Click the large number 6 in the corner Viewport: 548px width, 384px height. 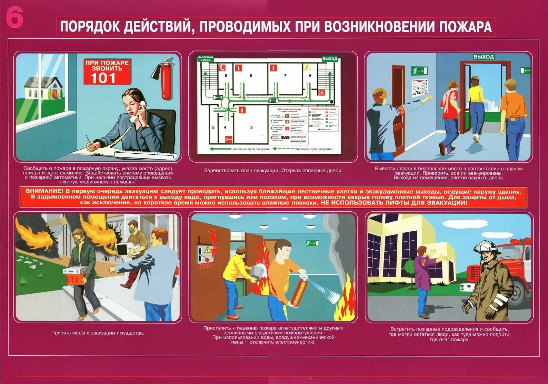pyautogui.click(x=14, y=18)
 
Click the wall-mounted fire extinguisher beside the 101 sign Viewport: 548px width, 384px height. pyautogui.click(x=166, y=80)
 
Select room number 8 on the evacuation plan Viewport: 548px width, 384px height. pyautogui.click(x=251, y=75)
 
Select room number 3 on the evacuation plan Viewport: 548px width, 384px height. pyautogui.click(x=251, y=127)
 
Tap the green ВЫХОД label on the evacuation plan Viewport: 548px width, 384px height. pyautogui.click(x=329, y=59)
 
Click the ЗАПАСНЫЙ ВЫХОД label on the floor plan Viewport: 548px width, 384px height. pyautogui.click(x=205, y=59)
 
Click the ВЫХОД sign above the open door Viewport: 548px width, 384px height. pyautogui.click(x=483, y=57)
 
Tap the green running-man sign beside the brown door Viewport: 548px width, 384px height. pyautogui.click(x=419, y=71)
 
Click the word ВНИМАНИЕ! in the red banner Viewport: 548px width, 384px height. pyautogui.click(x=44, y=191)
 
